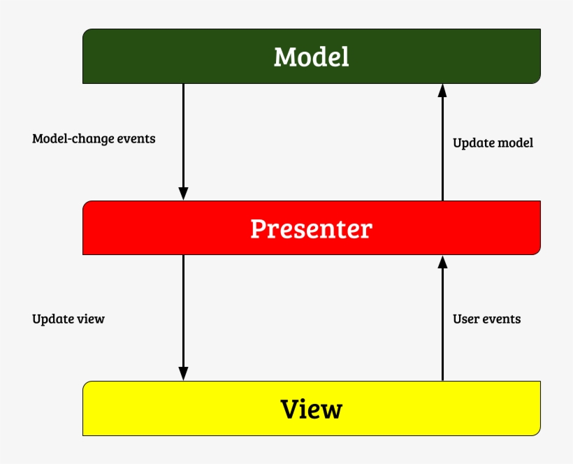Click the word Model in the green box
click(311, 57)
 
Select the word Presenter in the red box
click(311, 229)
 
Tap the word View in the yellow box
click(311, 409)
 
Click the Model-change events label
click(94, 138)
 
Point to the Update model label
click(493, 143)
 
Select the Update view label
click(68, 319)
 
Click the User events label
click(486, 319)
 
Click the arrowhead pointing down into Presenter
click(183, 194)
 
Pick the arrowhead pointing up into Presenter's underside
click(442, 262)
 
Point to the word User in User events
click(465, 319)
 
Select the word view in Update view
click(89, 319)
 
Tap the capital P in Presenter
click(258, 229)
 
